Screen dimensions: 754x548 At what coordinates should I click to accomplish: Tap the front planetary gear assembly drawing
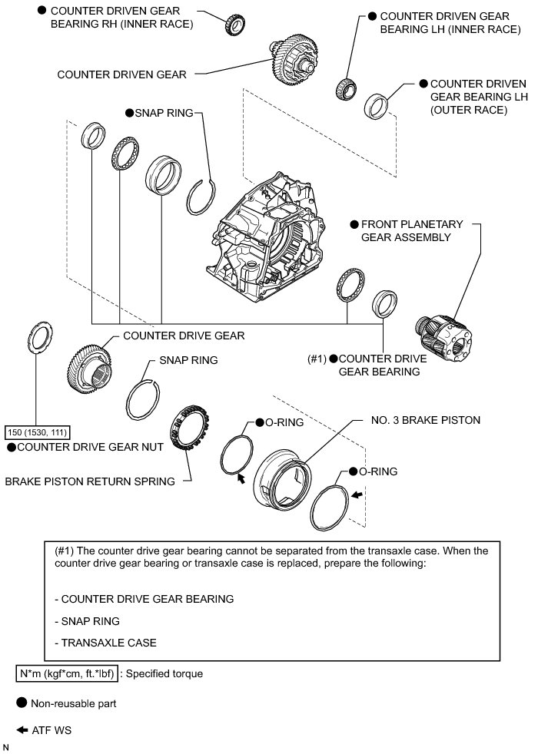click(445, 336)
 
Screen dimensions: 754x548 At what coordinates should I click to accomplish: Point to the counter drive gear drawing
click(91, 367)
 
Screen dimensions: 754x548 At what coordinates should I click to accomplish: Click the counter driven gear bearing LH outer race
click(377, 105)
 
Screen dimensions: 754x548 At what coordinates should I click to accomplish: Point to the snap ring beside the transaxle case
click(202, 197)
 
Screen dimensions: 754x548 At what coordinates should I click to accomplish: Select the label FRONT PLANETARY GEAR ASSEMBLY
click(412, 230)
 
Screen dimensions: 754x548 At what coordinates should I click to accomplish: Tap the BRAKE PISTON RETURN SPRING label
click(90, 481)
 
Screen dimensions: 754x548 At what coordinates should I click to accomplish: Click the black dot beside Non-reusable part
click(22, 703)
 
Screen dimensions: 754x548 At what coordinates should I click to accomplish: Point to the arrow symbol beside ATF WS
click(22, 730)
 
